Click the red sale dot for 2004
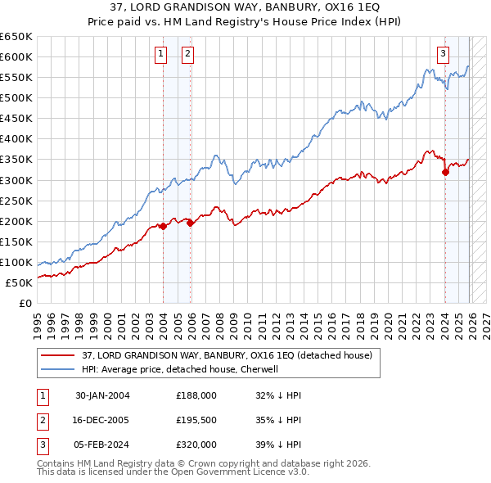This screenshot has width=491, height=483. tap(163, 226)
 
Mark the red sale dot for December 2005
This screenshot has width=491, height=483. tap(190, 223)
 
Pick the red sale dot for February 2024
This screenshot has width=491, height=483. tap(445, 172)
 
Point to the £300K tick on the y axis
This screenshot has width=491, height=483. tap(16, 180)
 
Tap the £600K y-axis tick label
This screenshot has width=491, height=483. tap(16, 56)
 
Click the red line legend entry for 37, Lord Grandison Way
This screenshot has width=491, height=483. tap(227, 355)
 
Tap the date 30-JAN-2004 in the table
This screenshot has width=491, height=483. tap(102, 395)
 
